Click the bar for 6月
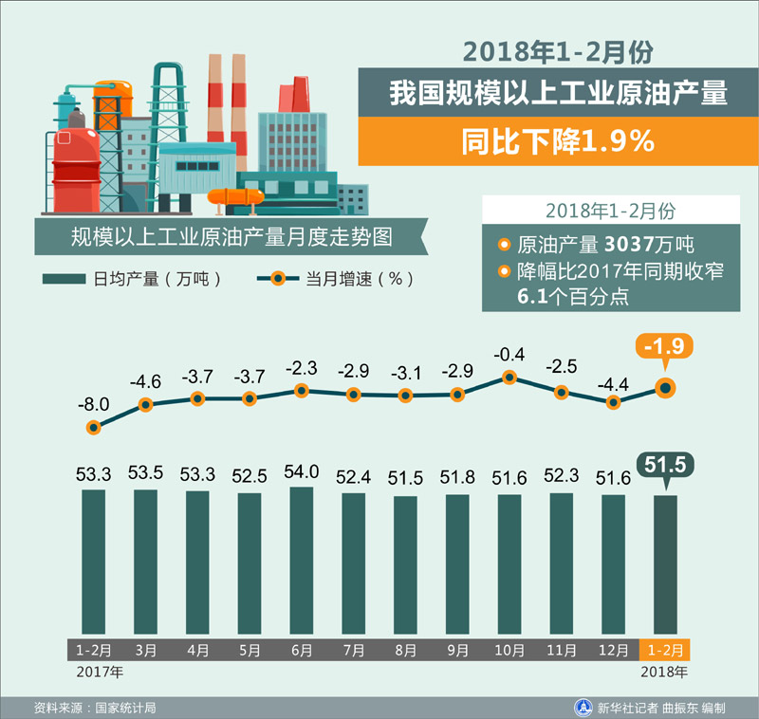pos(301,560)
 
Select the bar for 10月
pos(509,564)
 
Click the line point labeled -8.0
pos(93,428)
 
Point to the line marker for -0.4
pos(509,377)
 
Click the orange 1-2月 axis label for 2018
pos(666,650)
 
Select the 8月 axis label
pos(406,650)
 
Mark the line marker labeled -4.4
pos(614,402)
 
